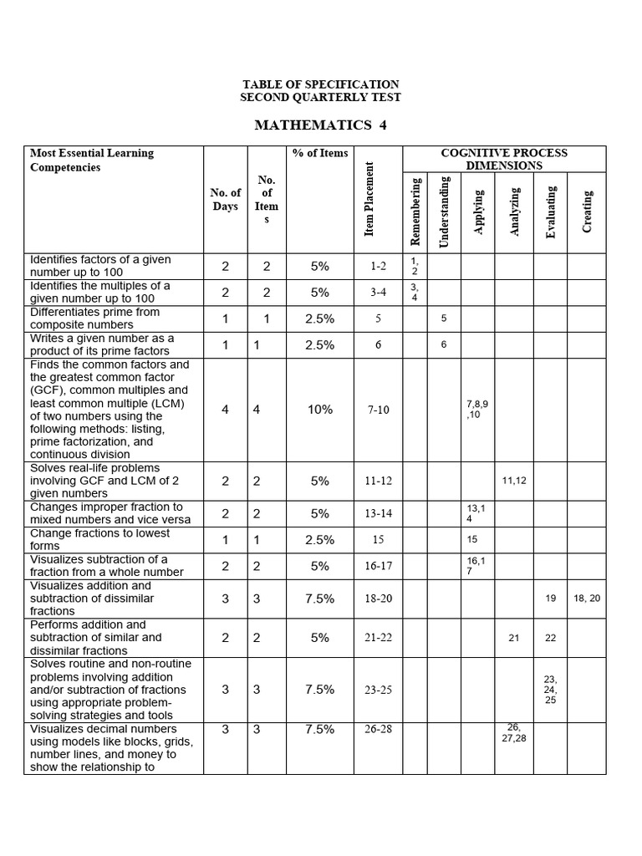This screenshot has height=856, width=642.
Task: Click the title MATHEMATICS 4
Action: tap(320, 125)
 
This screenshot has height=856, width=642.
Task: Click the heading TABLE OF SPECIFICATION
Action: tap(320, 84)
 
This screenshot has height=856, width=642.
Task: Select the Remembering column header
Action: tap(415, 211)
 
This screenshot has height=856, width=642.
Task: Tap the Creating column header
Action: tap(588, 211)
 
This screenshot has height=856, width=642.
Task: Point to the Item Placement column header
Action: tap(369, 199)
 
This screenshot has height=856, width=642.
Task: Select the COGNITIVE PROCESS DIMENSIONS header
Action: tap(504, 159)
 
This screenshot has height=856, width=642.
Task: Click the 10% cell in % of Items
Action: tap(320, 410)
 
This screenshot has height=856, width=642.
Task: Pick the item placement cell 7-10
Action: tap(378, 410)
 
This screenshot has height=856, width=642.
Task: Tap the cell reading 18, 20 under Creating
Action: tap(588, 599)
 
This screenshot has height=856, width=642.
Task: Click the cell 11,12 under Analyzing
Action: tap(514, 481)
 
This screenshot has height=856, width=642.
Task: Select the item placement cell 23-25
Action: tap(378, 690)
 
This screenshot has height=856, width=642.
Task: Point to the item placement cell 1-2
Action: tap(378, 267)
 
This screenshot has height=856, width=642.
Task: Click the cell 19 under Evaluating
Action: tap(550, 599)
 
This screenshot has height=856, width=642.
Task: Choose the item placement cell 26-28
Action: tap(378, 729)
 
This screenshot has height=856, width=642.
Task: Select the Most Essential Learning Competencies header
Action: tap(92, 160)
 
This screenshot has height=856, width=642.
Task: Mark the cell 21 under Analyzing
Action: tap(514, 638)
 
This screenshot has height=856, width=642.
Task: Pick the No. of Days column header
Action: tap(225, 199)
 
